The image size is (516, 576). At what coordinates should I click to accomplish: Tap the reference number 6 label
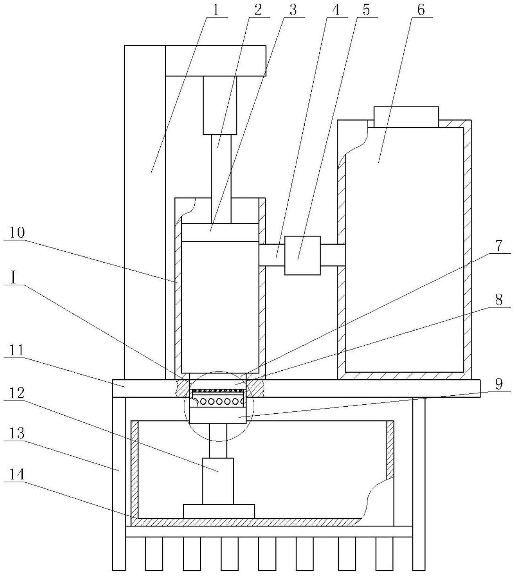tap(421, 10)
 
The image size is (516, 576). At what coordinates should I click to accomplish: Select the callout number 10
tap(17, 233)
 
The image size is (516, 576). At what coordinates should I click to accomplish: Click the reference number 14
tap(17, 475)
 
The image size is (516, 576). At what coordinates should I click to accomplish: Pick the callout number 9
tap(499, 384)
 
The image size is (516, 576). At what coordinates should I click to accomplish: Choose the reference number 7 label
tap(499, 245)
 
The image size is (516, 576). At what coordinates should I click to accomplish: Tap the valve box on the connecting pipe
tap(303, 255)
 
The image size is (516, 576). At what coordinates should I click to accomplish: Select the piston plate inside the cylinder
tap(220, 232)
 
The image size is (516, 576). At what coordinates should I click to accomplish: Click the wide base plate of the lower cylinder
tap(219, 512)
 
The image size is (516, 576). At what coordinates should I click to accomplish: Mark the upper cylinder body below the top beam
tap(220, 105)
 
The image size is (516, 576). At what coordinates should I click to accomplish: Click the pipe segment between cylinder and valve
tap(272, 255)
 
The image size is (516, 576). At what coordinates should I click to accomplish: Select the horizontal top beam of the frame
tap(216, 60)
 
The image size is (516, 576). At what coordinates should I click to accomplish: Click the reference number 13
tap(17, 434)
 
